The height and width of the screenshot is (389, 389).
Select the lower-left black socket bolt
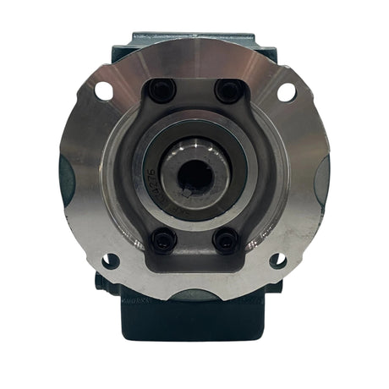[x=162, y=240]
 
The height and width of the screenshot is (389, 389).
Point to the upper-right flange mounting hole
[x=286, y=90]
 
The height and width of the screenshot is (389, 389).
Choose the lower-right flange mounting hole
[x=278, y=261]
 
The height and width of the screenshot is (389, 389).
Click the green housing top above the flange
[x=194, y=37]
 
